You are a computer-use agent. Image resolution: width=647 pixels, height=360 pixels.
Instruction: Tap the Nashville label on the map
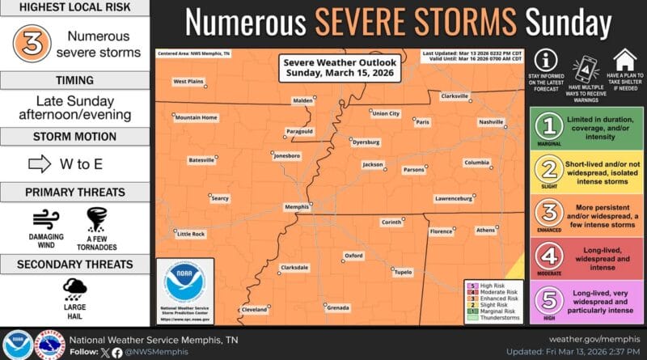[x=490, y=121]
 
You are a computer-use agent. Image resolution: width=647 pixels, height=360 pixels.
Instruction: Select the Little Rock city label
[x=191, y=234]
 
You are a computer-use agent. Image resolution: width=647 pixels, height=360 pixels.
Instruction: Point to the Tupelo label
[x=402, y=272]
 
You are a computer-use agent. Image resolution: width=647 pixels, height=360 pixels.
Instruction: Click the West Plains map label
[x=188, y=81]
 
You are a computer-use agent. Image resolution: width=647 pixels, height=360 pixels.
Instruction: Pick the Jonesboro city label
[x=287, y=155]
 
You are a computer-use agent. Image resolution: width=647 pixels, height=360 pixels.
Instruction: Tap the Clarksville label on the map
[x=455, y=96]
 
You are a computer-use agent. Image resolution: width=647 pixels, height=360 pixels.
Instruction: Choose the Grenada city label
[x=338, y=307]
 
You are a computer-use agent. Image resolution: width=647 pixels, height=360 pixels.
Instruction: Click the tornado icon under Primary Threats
[x=98, y=219]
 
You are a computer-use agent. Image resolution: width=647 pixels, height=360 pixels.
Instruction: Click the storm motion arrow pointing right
[x=40, y=164]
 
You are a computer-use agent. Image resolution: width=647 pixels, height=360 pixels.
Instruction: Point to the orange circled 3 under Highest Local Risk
[x=31, y=45]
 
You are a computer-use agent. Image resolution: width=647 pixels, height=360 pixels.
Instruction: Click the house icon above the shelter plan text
[x=623, y=60]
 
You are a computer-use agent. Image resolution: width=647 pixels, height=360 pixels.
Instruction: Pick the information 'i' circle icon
[x=548, y=61]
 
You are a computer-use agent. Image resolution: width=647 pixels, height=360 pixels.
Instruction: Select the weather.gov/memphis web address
[x=594, y=338]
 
